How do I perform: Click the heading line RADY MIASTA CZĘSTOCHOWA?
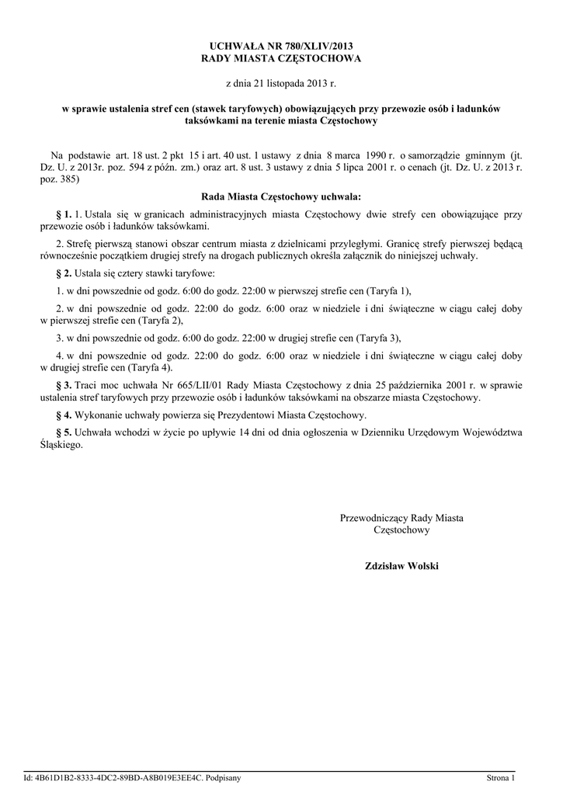pos(281,58)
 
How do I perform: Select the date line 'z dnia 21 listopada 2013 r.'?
pos(281,82)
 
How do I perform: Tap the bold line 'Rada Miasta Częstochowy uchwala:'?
pos(281,197)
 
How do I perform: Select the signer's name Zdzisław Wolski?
pos(401,566)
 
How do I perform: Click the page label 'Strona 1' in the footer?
pos(501,777)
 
